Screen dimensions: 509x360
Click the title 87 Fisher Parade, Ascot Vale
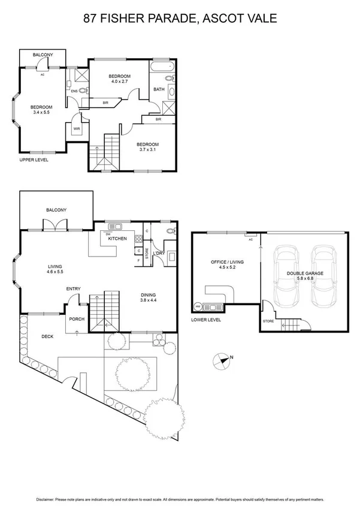[180, 19]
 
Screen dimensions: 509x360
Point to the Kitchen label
[117, 239]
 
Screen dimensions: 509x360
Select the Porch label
[77, 319]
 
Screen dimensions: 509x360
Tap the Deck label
[47, 336]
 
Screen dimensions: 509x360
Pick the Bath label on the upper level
[159, 89]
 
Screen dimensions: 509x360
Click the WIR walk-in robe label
[77, 128]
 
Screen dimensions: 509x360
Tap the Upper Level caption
[34, 160]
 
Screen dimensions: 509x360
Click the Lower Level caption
[206, 320]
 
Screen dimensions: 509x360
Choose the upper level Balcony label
[43, 55]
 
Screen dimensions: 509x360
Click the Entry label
[73, 290]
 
